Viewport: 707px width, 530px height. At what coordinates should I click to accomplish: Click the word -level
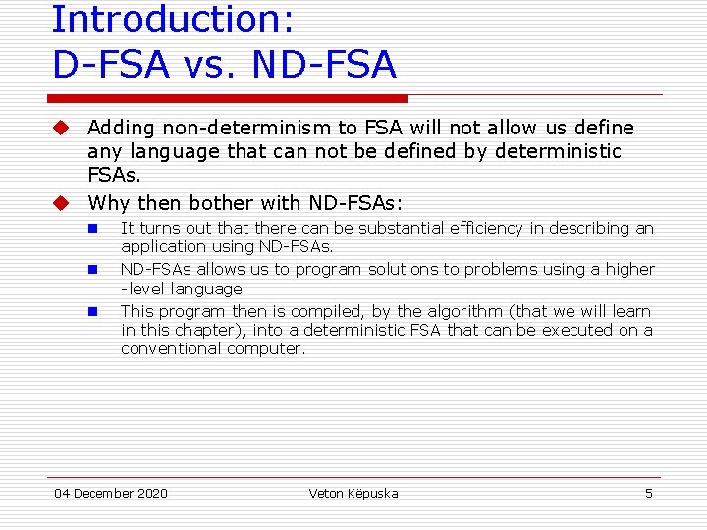[x=144, y=289]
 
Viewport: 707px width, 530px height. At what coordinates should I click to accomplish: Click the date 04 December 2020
[x=111, y=493]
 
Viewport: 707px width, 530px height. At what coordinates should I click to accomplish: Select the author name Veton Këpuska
[x=353, y=493]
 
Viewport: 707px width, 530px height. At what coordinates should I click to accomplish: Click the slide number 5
[x=648, y=493]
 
